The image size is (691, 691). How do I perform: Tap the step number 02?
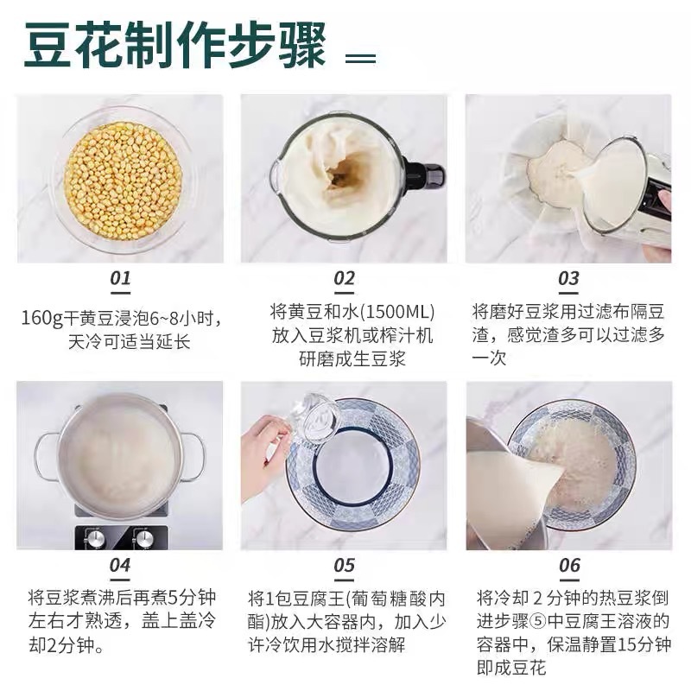pyautogui.click(x=344, y=279)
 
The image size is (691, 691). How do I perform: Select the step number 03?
pyautogui.click(x=568, y=279)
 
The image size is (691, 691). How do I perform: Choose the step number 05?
pyautogui.click(x=344, y=566)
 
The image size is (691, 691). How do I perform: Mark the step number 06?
pyautogui.click(x=569, y=566)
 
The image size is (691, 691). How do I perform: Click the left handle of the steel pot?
pyautogui.click(x=45, y=457)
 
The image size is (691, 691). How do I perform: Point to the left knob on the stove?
pyautogui.click(x=94, y=538)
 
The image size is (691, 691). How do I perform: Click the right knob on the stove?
pyautogui.click(x=143, y=538)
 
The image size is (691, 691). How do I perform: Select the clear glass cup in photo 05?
pyautogui.click(x=313, y=419)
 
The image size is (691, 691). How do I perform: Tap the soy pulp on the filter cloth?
pyautogui.click(x=557, y=164)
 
